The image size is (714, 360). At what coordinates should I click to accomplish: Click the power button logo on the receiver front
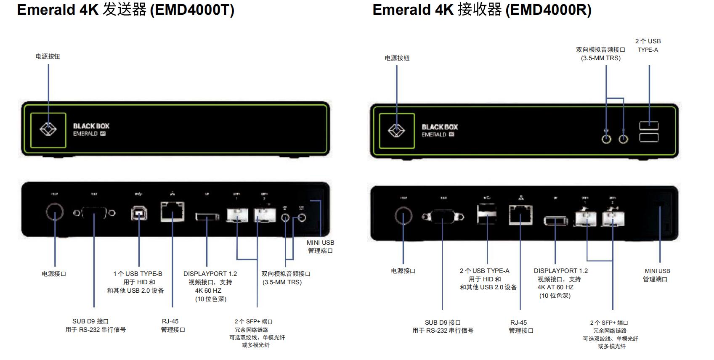396,130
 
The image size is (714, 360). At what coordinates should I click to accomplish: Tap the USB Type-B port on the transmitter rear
139,214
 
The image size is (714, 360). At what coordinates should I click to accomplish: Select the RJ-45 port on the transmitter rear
173,212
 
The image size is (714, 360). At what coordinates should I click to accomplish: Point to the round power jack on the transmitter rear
55,212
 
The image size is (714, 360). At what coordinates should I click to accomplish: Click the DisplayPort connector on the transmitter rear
207,217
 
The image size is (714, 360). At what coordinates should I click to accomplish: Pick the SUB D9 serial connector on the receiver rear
443,217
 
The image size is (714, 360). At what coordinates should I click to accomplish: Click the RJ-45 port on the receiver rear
521,214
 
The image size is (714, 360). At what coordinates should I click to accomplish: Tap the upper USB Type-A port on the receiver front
649,125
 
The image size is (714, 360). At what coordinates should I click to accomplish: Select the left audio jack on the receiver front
606,139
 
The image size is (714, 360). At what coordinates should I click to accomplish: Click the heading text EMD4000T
192,10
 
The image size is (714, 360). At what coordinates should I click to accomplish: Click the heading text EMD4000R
548,10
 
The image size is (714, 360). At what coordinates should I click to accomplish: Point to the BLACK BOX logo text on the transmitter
91,126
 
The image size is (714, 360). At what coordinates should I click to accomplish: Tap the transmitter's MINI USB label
320,243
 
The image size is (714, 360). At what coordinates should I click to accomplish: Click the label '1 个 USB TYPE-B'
138,274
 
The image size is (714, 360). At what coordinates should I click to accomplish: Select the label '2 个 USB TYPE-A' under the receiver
484,271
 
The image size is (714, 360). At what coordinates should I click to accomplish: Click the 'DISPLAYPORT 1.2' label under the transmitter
210,274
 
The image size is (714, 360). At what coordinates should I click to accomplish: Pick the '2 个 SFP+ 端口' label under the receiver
609,323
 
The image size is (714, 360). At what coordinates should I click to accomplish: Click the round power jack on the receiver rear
403,216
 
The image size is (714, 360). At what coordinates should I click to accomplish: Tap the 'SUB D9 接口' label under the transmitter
90,321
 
